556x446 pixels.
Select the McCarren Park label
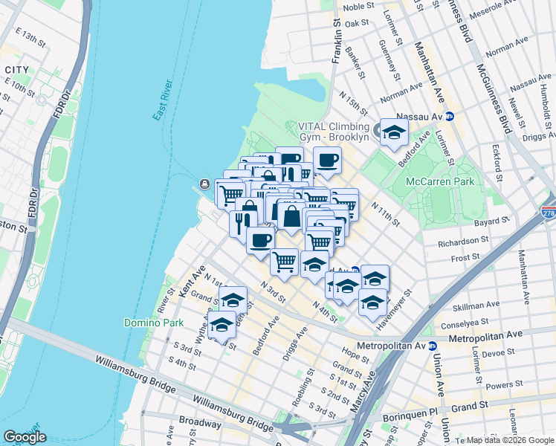pos(439,181)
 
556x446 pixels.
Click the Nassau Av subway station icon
pos(450,117)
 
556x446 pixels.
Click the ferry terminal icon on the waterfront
pos(204,184)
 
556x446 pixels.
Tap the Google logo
pos(25,437)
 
